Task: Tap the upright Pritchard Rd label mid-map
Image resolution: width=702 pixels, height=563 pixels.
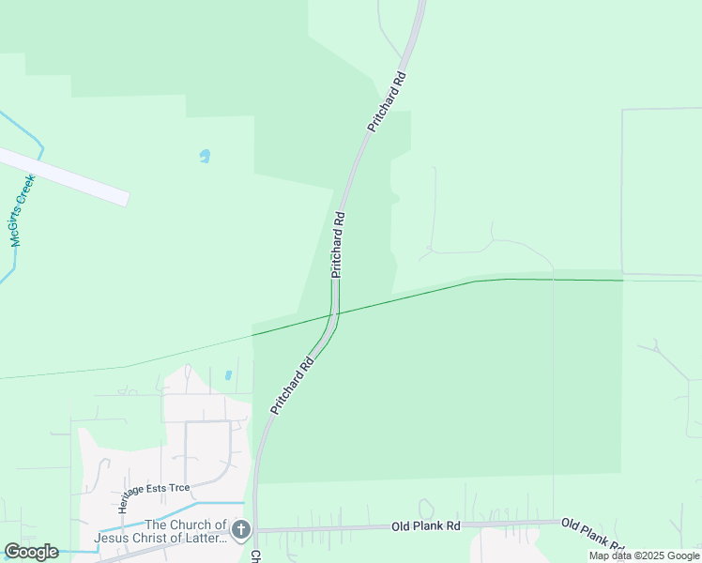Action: [x=338, y=244]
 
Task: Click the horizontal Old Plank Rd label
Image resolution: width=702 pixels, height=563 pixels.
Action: [x=426, y=527]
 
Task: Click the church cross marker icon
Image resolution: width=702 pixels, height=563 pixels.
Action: [x=240, y=531]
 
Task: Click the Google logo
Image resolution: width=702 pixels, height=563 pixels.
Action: [x=31, y=552]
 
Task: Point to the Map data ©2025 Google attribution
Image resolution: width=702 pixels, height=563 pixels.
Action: [x=644, y=556]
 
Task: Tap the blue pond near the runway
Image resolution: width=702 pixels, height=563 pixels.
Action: [x=205, y=156]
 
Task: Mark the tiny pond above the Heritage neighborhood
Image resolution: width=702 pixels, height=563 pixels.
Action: [x=228, y=375]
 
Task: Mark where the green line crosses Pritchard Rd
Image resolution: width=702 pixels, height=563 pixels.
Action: [x=335, y=312]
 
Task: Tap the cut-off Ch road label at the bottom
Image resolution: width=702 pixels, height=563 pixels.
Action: [x=255, y=556]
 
